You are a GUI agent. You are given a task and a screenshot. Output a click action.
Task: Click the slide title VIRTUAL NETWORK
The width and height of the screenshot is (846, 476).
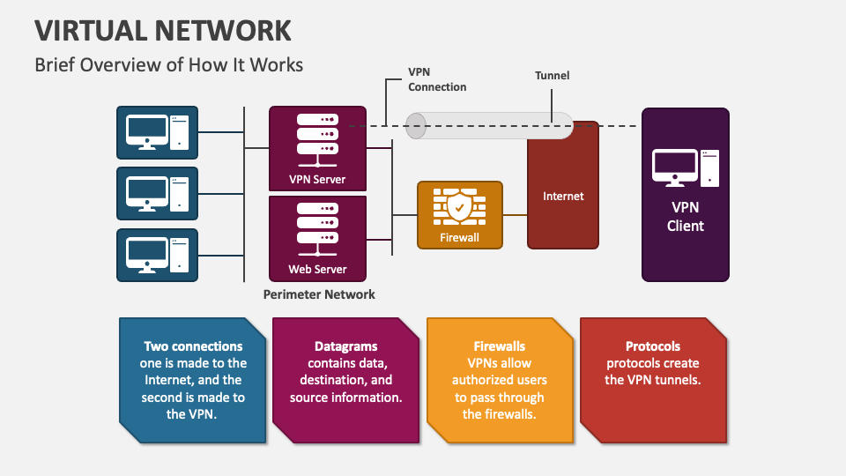(163, 30)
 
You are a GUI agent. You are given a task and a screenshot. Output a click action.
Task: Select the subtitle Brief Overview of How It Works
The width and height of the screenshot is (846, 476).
(168, 64)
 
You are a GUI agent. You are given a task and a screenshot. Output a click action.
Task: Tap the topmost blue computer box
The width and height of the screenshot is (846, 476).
(158, 131)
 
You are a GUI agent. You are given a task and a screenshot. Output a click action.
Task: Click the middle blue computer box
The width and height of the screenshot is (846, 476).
(158, 193)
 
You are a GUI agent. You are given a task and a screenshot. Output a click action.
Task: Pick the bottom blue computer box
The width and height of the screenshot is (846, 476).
(158, 255)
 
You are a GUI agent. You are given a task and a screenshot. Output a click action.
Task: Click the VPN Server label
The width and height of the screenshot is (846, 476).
(317, 180)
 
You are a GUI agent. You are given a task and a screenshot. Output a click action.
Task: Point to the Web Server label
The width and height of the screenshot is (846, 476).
(317, 269)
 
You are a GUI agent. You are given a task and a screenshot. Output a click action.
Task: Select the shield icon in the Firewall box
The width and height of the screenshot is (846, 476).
(459, 208)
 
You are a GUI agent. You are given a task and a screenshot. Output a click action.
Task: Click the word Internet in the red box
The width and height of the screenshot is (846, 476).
(563, 196)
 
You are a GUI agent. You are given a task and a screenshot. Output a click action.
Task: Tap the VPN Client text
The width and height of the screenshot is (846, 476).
(685, 217)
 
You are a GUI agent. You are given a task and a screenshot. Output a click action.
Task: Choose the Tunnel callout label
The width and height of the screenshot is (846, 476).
(553, 76)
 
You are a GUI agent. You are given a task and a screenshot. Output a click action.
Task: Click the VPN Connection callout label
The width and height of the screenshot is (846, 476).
(437, 80)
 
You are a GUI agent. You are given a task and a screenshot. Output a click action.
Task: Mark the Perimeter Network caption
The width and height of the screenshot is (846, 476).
(319, 294)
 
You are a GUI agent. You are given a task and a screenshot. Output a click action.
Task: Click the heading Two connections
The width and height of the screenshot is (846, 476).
(193, 346)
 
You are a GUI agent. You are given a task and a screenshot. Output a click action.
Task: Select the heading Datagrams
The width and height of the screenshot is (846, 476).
(345, 346)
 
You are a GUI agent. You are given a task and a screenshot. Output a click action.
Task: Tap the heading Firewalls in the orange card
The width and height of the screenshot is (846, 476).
(500, 346)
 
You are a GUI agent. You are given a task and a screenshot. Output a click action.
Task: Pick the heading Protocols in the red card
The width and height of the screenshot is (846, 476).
(653, 346)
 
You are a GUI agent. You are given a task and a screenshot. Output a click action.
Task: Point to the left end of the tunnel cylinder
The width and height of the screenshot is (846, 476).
(415, 126)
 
